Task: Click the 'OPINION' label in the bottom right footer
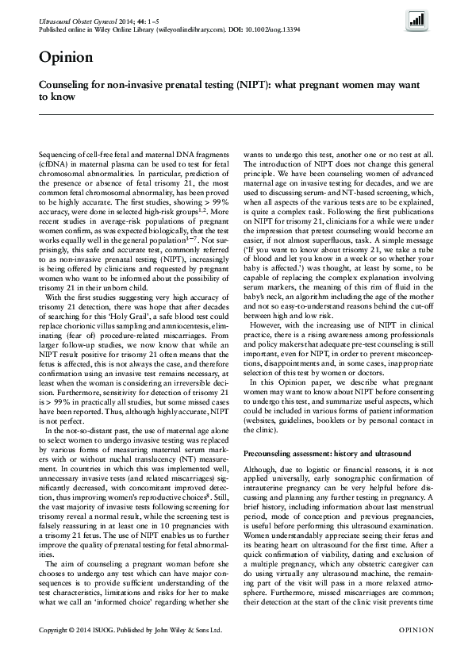[412, 651]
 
